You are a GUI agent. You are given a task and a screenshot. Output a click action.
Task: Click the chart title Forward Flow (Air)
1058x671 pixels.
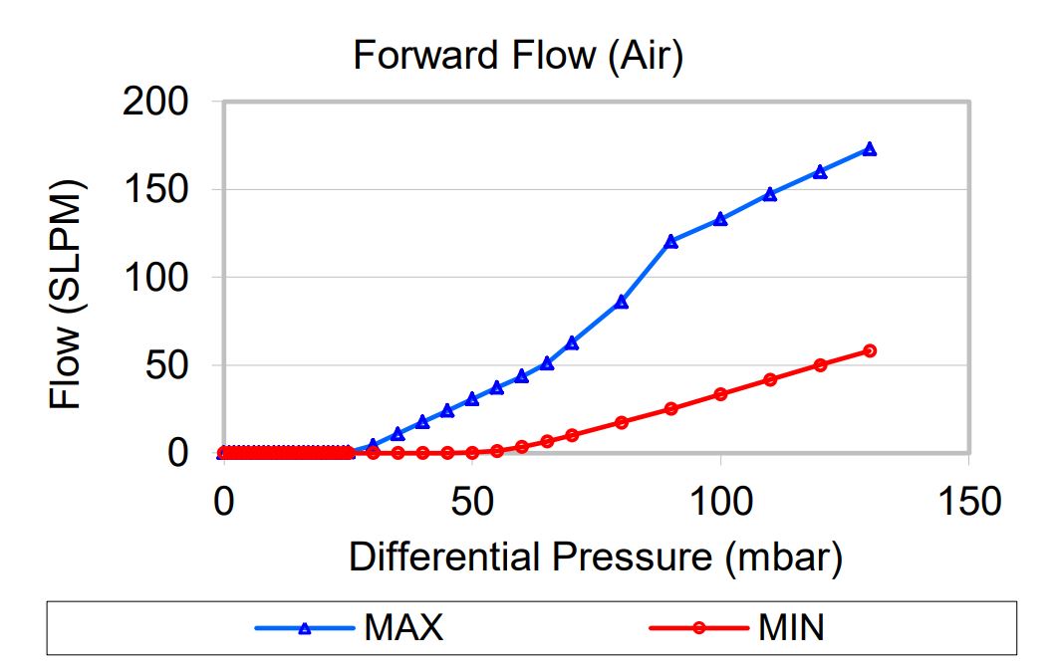coord(517,57)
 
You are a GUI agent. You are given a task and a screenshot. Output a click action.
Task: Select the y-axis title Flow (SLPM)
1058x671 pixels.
coord(67,296)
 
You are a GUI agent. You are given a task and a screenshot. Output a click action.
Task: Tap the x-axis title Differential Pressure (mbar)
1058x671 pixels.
coord(595,557)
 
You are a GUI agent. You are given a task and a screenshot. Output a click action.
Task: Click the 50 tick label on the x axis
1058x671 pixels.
coord(472,501)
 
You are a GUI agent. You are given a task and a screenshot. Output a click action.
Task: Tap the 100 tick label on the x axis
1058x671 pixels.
coord(720,501)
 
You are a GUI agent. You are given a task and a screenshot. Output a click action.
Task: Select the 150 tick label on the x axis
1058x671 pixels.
coord(968,501)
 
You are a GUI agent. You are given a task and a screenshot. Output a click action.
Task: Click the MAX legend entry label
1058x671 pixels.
coord(403,628)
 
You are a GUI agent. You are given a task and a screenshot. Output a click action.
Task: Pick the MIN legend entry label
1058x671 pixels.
coord(791,628)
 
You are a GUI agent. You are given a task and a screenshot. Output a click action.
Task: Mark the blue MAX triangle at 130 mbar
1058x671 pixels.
coord(870,149)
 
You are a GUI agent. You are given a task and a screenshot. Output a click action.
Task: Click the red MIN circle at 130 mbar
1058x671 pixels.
coord(870,350)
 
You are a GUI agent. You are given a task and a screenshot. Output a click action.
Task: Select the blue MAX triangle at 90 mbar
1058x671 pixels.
coord(670,241)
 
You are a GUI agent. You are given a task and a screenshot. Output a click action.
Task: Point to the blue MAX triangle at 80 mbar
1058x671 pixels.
coord(622,302)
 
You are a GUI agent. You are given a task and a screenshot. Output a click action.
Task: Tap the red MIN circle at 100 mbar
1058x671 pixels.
coord(720,394)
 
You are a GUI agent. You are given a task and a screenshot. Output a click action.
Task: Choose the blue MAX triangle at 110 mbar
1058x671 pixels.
coord(770,194)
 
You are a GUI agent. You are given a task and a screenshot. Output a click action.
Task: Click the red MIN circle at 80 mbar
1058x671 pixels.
coord(622,422)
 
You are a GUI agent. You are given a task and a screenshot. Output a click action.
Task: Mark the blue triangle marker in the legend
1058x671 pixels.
coord(306,628)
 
